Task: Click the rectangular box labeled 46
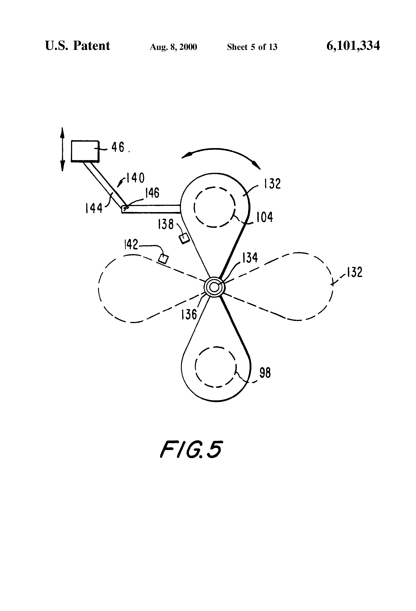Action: [85, 150]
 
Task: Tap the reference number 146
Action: [152, 193]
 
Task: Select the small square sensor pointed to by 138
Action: [184, 238]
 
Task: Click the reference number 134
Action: [250, 258]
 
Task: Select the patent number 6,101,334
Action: [353, 46]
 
